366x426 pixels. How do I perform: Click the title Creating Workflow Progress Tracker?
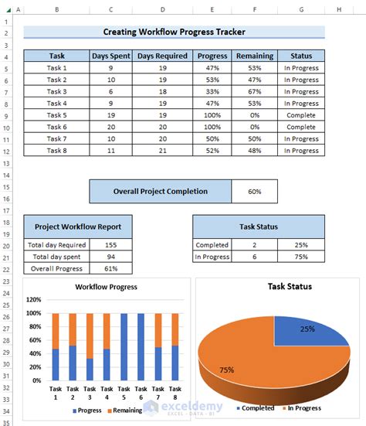click(174, 32)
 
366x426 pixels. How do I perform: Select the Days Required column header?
click(162, 56)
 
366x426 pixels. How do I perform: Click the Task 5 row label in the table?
click(57, 115)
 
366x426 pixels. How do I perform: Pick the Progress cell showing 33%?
click(212, 91)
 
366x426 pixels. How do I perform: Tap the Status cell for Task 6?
click(300, 127)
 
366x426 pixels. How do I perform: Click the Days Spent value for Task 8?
click(111, 151)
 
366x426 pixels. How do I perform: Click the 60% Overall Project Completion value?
click(254, 191)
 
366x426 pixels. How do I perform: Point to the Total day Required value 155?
click(110, 244)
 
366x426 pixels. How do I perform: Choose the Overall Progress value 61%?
click(110, 268)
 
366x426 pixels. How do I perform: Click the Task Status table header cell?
click(258, 227)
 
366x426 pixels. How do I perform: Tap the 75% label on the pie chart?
click(227, 369)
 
